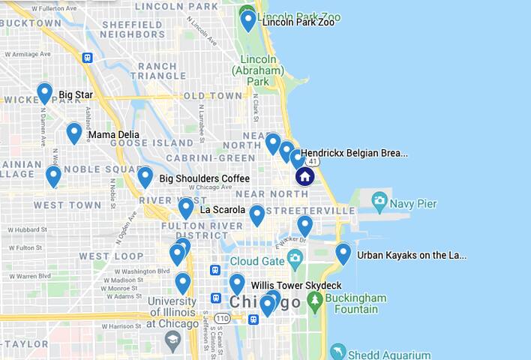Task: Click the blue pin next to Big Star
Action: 44,93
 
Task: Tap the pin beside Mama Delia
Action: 73,133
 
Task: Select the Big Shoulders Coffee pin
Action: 145,177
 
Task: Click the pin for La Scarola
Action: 186,208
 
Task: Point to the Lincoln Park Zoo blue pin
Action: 248,20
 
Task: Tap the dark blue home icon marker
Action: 304,176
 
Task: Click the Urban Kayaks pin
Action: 343,253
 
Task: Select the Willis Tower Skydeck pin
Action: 237,283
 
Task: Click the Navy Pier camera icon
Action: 379,200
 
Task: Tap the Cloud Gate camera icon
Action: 294,259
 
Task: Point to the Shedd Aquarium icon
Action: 338,352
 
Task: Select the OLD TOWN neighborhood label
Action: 213,96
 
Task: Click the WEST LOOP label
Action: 111,256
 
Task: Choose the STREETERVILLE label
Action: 310,211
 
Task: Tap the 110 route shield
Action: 223,318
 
